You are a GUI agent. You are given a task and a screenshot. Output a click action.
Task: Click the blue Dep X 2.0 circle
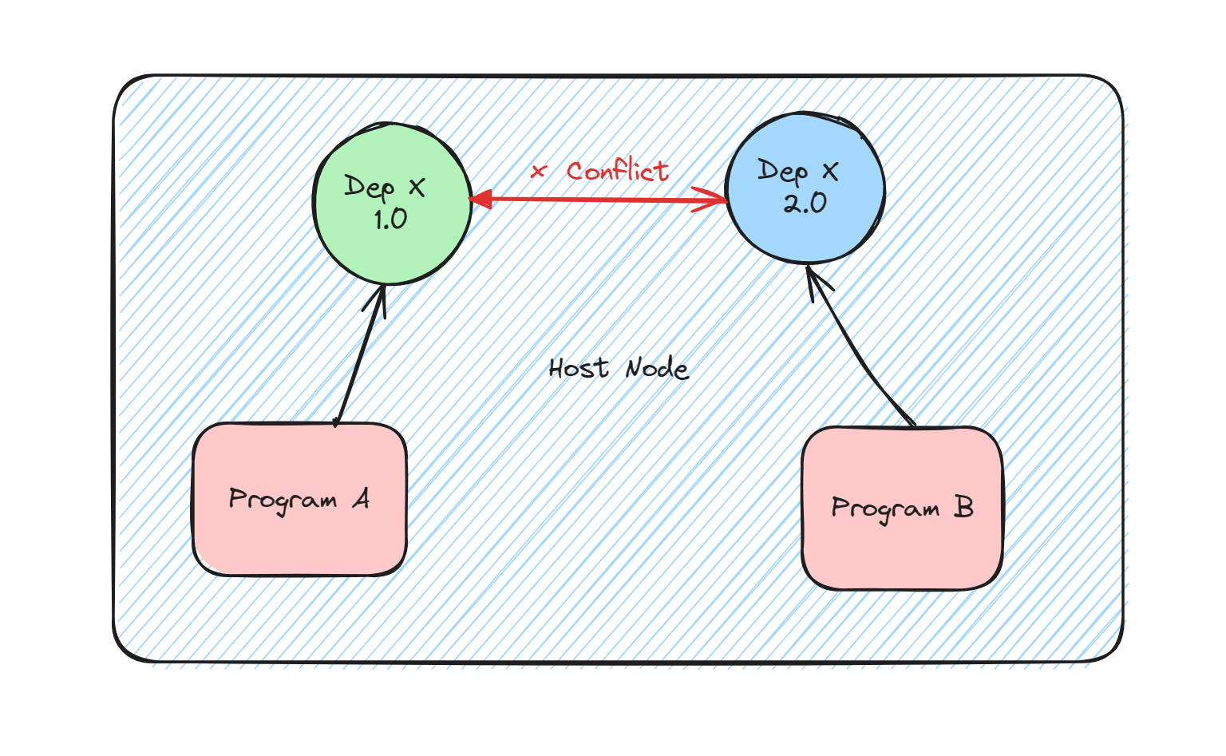(805, 232)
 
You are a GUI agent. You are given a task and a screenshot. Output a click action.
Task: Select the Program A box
(299, 535)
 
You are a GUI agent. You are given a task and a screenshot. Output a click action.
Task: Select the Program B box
(902, 551)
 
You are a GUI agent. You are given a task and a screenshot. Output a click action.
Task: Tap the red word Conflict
(618, 170)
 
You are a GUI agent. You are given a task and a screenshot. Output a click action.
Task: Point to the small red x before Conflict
(539, 171)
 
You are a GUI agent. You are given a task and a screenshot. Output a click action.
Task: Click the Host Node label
(619, 368)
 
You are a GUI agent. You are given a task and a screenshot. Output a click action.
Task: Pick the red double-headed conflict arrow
(599, 200)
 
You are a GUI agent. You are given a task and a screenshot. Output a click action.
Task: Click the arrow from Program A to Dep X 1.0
(359, 359)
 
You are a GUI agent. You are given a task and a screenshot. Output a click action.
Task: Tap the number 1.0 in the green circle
(390, 220)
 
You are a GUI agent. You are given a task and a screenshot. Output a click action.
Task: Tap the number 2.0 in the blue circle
(805, 204)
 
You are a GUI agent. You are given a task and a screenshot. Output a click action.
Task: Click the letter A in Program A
(362, 500)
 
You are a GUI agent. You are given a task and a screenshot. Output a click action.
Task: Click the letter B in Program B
(963, 508)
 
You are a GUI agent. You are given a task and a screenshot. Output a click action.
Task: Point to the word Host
(579, 368)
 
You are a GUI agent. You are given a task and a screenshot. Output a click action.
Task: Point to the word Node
(657, 368)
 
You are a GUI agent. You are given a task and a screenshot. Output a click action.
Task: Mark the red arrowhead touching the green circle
(479, 200)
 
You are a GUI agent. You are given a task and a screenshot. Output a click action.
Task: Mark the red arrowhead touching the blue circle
(712, 200)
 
